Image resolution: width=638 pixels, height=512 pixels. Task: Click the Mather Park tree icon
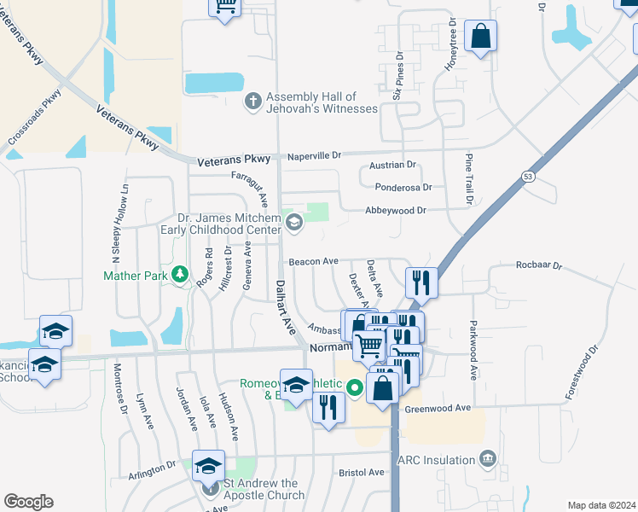[x=179, y=274]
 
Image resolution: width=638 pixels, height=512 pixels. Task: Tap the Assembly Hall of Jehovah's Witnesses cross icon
[x=253, y=102]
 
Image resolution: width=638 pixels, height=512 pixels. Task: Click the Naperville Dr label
[x=311, y=155]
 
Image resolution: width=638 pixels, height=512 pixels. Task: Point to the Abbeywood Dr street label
[x=395, y=210]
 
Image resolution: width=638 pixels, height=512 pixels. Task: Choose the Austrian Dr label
[x=392, y=165]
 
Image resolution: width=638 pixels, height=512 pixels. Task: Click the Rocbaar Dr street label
[x=540, y=265]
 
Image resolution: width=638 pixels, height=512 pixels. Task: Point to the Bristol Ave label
[x=362, y=472]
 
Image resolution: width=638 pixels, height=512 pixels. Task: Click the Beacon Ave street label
[x=314, y=261]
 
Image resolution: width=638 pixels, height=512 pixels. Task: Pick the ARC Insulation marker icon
[x=487, y=460]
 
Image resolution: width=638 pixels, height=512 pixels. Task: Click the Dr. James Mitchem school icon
[x=294, y=224]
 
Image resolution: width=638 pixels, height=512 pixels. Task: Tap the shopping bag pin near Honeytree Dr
[x=480, y=37]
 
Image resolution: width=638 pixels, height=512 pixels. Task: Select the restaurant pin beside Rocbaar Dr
[x=421, y=282]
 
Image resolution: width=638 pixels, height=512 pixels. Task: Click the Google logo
[x=28, y=502]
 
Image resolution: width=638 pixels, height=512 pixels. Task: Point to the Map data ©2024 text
[x=602, y=505]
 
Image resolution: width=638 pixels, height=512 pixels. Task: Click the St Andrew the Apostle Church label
[x=264, y=490]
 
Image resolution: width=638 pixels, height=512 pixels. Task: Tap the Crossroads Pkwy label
[x=36, y=120]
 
